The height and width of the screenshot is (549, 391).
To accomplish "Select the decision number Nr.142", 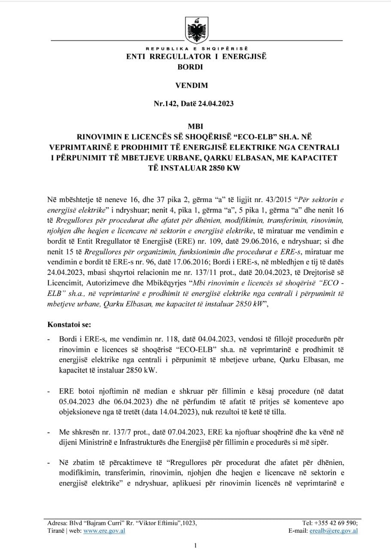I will point(166,104).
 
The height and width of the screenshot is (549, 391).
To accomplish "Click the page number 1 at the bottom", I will point(195,545).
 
